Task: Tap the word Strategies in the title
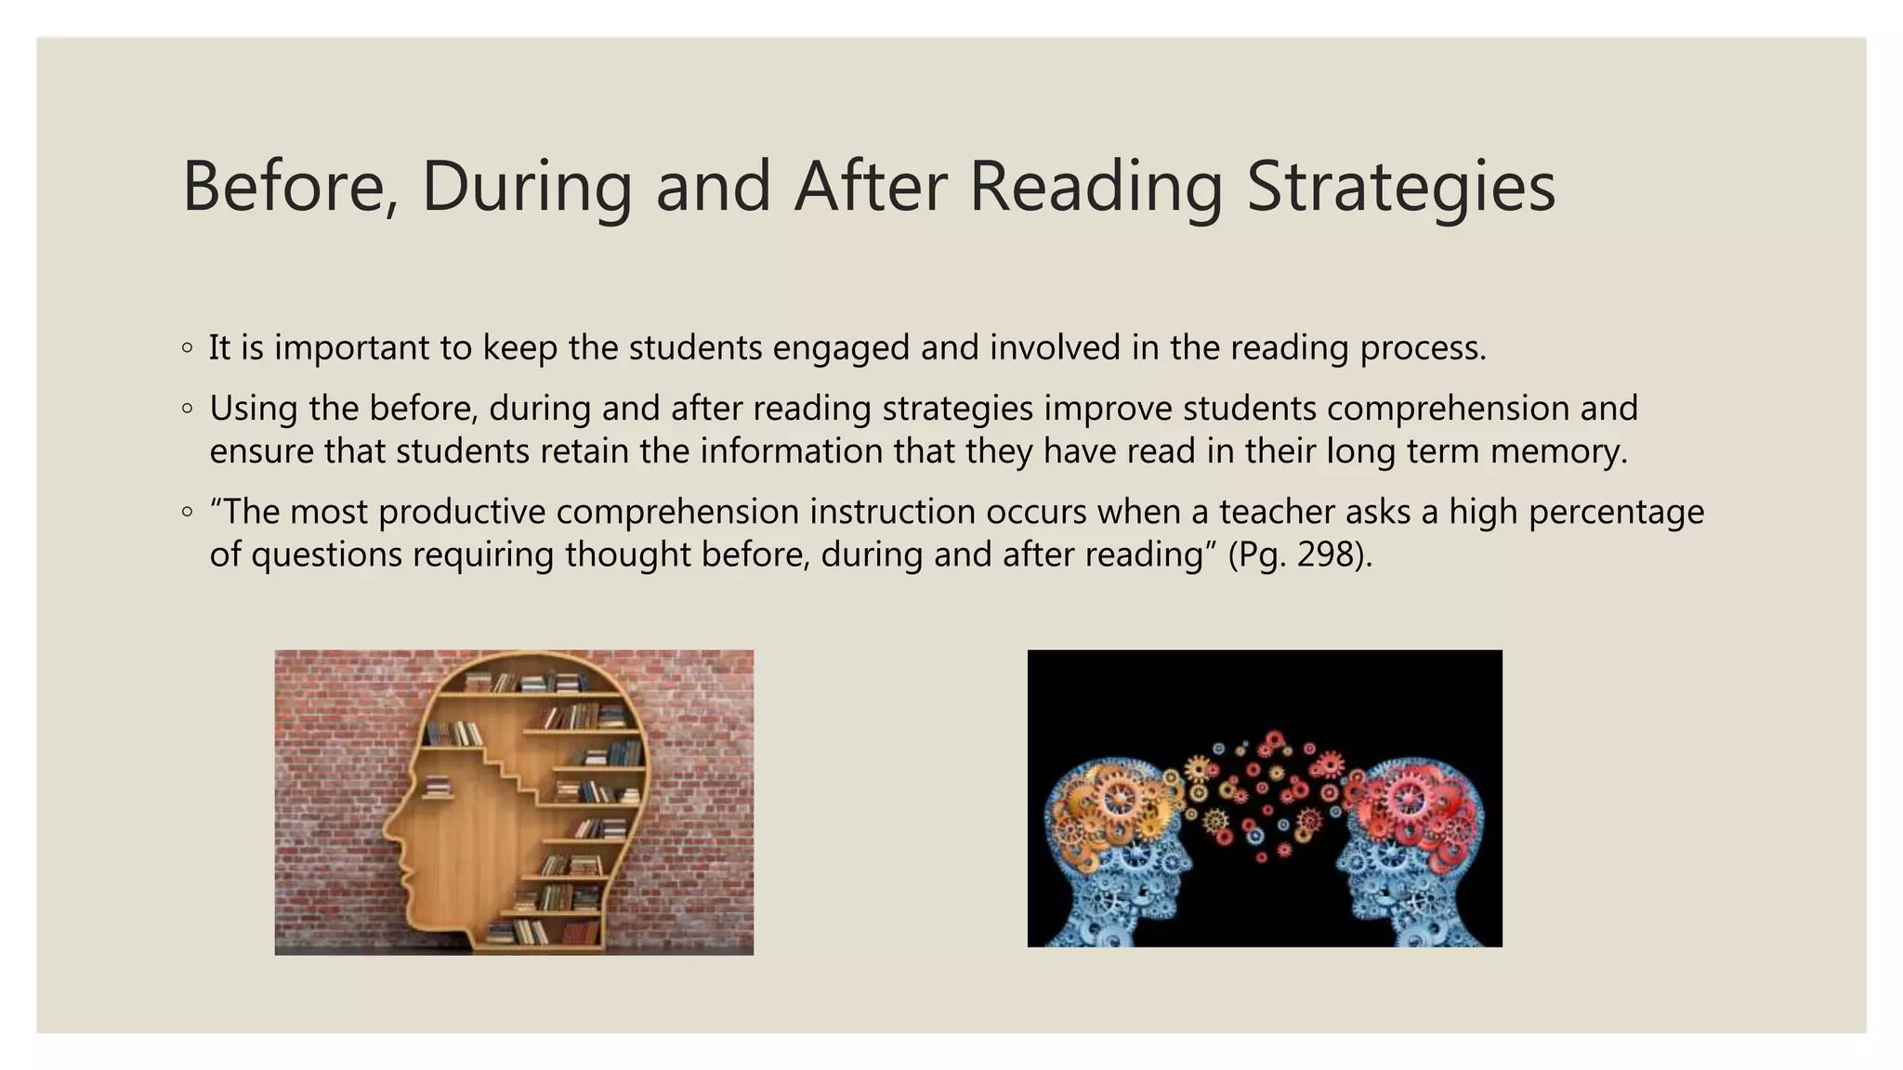pyautogui.click(x=1400, y=186)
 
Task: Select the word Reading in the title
pyautogui.click(x=1096, y=186)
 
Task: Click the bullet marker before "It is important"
pyautogui.click(x=188, y=348)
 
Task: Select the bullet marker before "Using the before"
pyautogui.click(x=188, y=409)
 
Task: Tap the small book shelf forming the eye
pyautogui.click(x=437, y=788)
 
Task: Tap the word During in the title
pyautogui.click(x=526, y=186)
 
